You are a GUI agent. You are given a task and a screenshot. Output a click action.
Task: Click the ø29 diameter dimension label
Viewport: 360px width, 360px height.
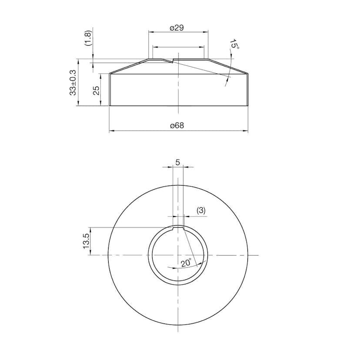[177, 27]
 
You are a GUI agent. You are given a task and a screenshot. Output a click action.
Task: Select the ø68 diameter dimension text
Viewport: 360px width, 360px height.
[177, 126]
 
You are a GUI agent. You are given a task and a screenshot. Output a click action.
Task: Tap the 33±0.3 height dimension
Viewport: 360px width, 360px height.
[73, 82]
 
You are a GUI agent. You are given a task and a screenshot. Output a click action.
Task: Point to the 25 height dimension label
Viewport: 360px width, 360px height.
[97, 90]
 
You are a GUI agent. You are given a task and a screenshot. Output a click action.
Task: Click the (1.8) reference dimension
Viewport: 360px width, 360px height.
[88, 38]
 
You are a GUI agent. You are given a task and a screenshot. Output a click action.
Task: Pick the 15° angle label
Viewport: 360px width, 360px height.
[234, 44]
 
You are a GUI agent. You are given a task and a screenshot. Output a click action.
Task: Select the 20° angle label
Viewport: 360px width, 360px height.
[186, 263]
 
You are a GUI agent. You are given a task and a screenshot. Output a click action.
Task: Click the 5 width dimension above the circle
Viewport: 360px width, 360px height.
[177, 162]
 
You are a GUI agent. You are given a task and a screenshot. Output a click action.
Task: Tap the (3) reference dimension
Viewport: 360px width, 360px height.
[201, 210]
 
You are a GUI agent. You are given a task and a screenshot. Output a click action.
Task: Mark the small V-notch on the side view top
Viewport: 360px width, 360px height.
[173, 60]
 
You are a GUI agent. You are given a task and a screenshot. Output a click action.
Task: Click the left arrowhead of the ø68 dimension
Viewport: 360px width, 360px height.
[111, 130]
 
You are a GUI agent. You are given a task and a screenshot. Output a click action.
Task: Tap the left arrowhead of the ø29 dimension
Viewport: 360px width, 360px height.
[150, 32]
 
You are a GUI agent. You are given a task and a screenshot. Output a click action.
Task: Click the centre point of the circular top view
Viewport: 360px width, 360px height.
[178, 255]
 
